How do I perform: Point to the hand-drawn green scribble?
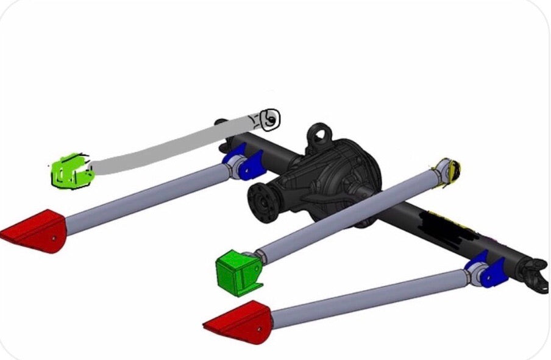click(70, 171)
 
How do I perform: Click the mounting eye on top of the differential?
click(319, 132)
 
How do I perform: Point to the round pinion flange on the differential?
click(264, 202)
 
